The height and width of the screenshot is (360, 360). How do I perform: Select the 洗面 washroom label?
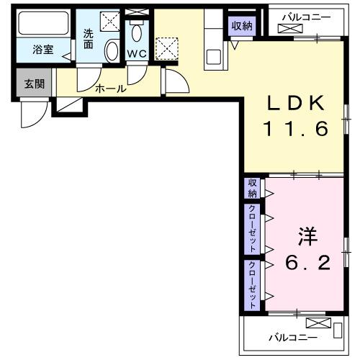pos(89,38)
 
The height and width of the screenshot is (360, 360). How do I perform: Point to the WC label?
pos(138,54)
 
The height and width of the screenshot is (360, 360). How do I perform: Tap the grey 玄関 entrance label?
pos(34,84)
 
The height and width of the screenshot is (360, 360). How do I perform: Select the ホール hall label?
pos(110,89)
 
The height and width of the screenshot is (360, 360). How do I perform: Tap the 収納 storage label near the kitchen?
pos(242,26)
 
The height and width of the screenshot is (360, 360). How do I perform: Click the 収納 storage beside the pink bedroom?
pos(253,189)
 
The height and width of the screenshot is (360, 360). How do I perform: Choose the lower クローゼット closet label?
pos(253,283)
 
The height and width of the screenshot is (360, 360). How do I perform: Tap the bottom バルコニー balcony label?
pos(292,336)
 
